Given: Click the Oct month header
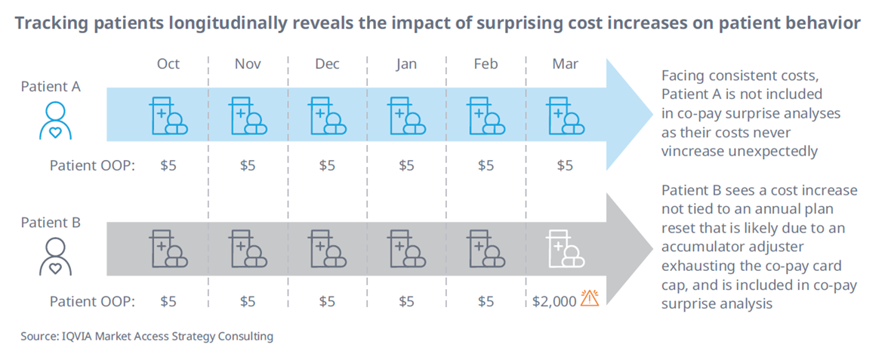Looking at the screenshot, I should pyautogui.click(x=168, y=64).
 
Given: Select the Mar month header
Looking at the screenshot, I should pyautogui.click(x=565, y=64).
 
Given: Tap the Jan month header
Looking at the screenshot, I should pyautogui.click(x=406, y=64).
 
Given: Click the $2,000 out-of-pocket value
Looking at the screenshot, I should pyautogui.click(x=554, y=301).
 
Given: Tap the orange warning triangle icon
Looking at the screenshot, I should pyautogui.click(x=589, y=300).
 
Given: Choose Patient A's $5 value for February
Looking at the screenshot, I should pyautogui.click(x=486, y=165).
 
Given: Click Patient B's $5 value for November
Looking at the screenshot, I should pyautogui.click(x=248, y=301).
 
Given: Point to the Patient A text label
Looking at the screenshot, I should pyautogui.click(x=51, y=87).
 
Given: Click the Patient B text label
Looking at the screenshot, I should pyautogui.click(x=51, y=223).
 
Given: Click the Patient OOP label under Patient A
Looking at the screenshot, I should pyautogui.click(x=92, y=165).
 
